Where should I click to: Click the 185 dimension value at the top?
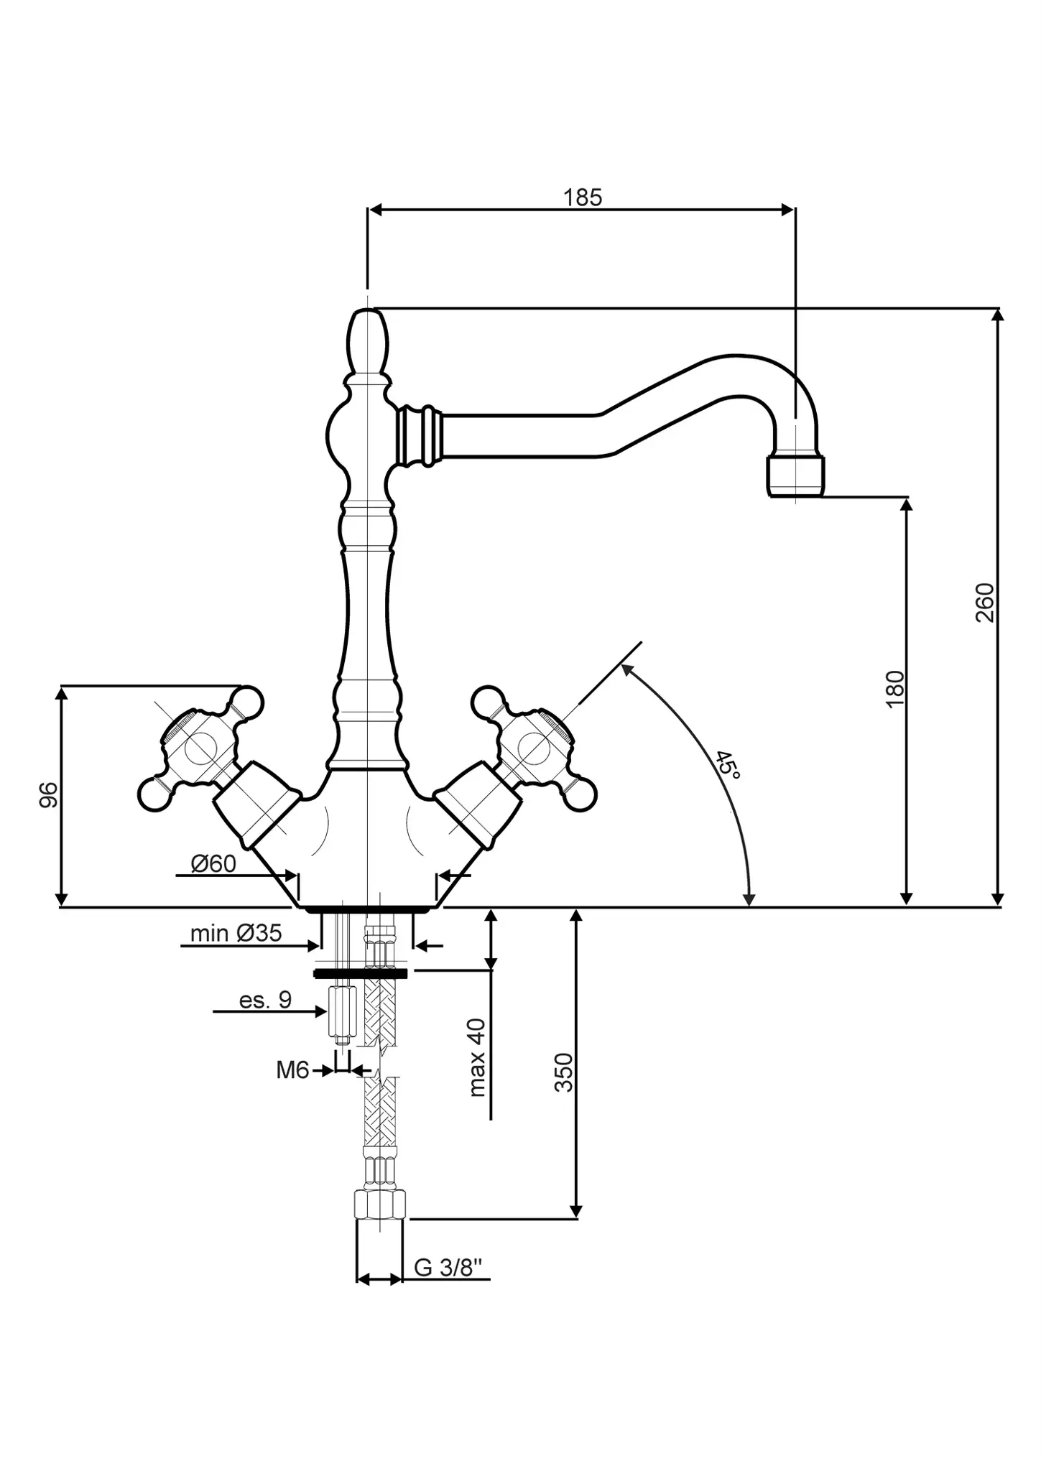tap(582, 197)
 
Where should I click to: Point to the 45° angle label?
tap(728, 766)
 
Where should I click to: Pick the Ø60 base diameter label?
tap(213, 863)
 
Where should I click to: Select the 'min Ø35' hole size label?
tap(236, 934)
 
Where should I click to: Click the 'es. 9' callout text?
tap(265, 1000)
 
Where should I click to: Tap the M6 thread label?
tap(292, 1071)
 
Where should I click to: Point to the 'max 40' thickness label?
tap(477, 1057)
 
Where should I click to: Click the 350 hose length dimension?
tap(564, 1072)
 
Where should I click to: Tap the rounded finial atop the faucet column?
tap(367, 341)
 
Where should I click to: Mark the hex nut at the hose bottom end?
tap(380, 1203)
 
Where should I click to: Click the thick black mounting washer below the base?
tap(361, 973)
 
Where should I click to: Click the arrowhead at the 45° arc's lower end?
tap(749, 899)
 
